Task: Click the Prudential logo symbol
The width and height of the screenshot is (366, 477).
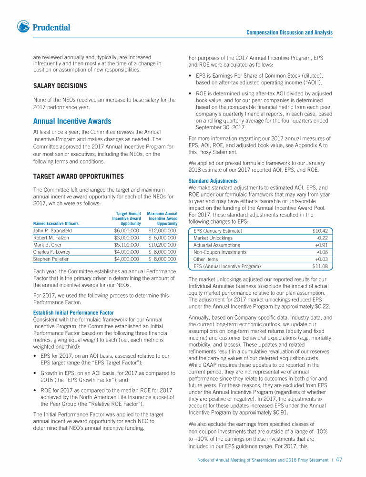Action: pyautogui.click(x=23, y=27)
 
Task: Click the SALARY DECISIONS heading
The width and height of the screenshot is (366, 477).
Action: pyautogui.click(x=60, y=86)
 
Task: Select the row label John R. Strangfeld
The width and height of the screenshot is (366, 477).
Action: pyautogui.click(x=52, y=230)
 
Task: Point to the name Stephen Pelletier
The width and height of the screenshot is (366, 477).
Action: pyautogui.click(x=51, y=259)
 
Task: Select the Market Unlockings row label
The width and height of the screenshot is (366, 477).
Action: pyautogui.click(x=213, y=238)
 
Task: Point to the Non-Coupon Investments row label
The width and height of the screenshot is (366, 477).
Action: pyautogui.click(x=220, y=252)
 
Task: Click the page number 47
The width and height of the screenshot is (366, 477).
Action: pyautogui.click(x=339, y=460)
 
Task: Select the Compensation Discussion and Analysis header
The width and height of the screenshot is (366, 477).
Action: pyautogui.click(x=289, y=32)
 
